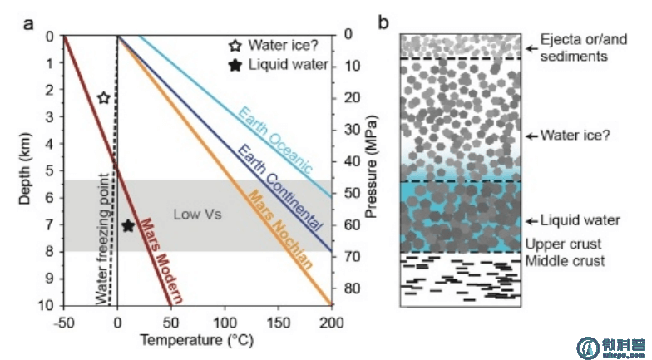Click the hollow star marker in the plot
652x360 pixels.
click(103, 98)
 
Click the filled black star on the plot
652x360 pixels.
click(127, 225)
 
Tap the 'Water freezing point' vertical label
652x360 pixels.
click(103, 239)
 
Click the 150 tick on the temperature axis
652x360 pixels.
click(279, 322)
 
